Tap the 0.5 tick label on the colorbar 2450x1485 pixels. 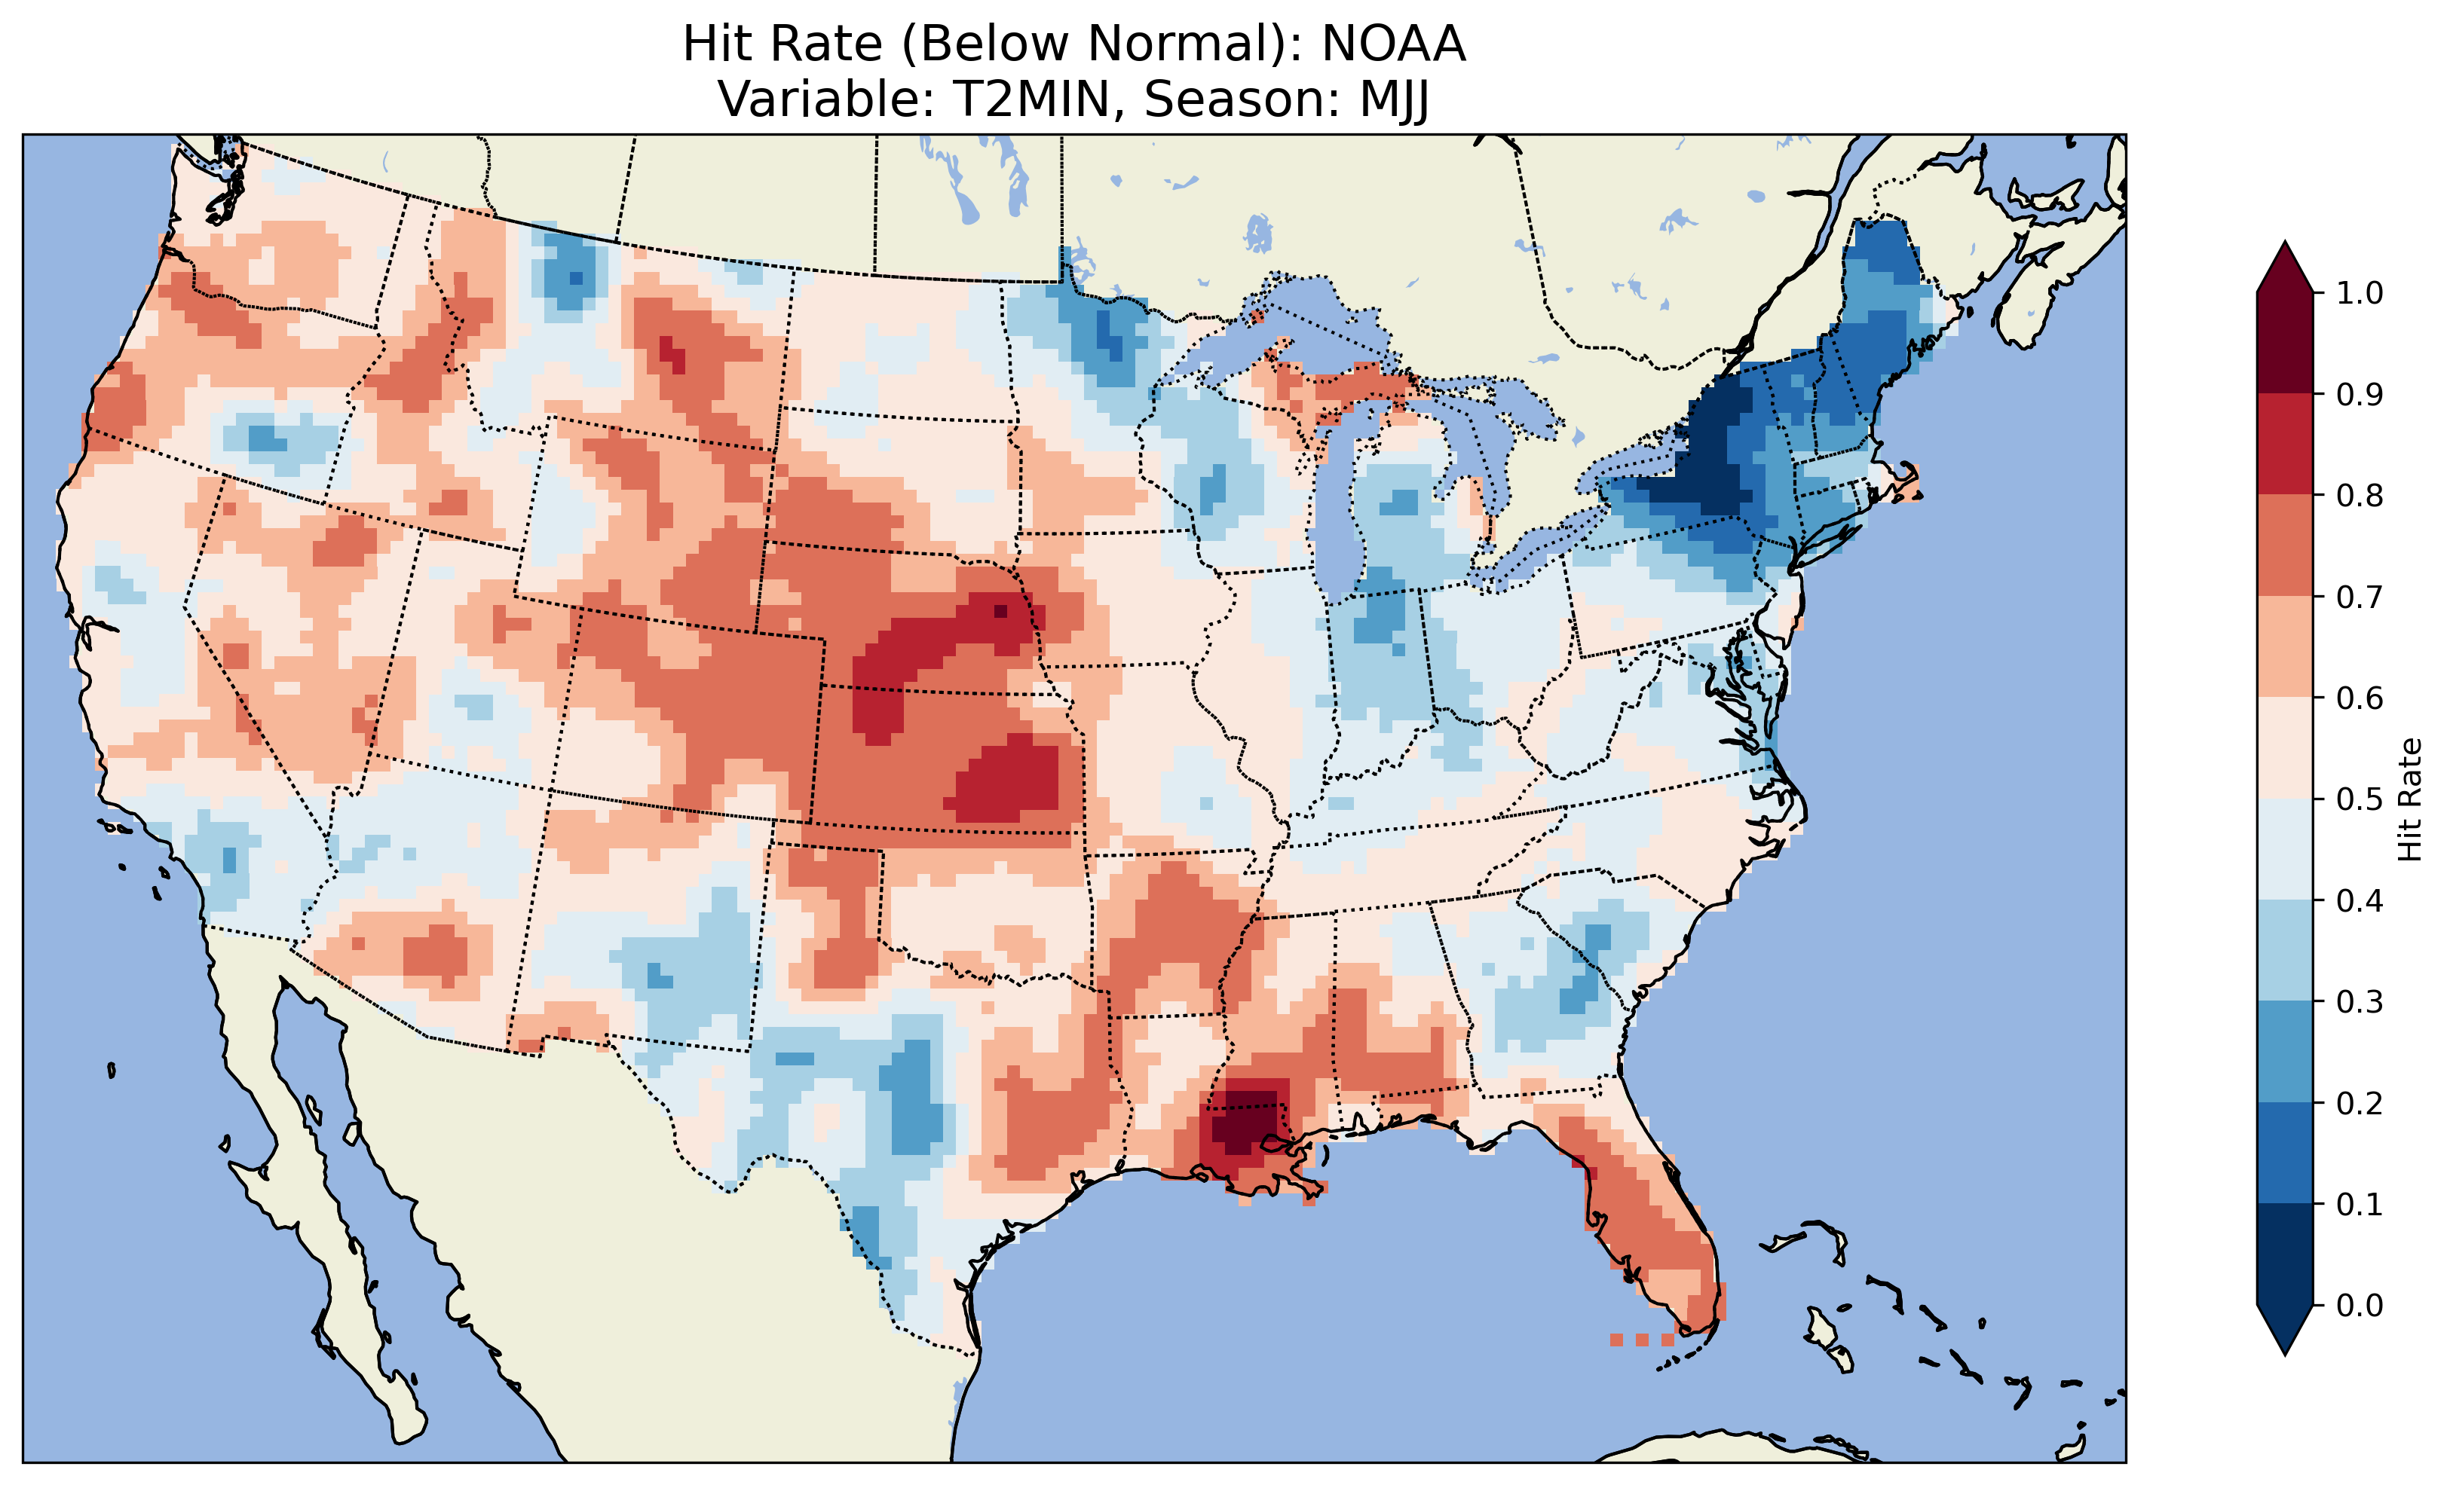pos(2360,799)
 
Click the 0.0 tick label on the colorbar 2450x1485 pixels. pos(2360,1305)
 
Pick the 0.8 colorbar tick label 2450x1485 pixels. pos(2360,495)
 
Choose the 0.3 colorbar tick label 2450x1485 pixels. pos(2360,1002)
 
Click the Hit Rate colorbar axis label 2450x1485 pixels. pos(2409,800)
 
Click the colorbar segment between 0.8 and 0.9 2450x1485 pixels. pos(2285,445)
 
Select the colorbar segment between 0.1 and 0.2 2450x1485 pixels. pos(2285,1153)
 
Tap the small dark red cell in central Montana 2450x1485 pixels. pos(672,355)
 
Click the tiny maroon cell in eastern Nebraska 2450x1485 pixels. pos(1000,611)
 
